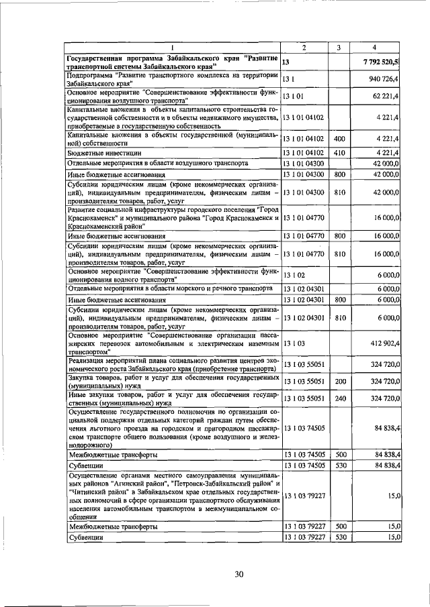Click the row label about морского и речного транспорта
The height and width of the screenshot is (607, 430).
[x=171, y=288]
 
